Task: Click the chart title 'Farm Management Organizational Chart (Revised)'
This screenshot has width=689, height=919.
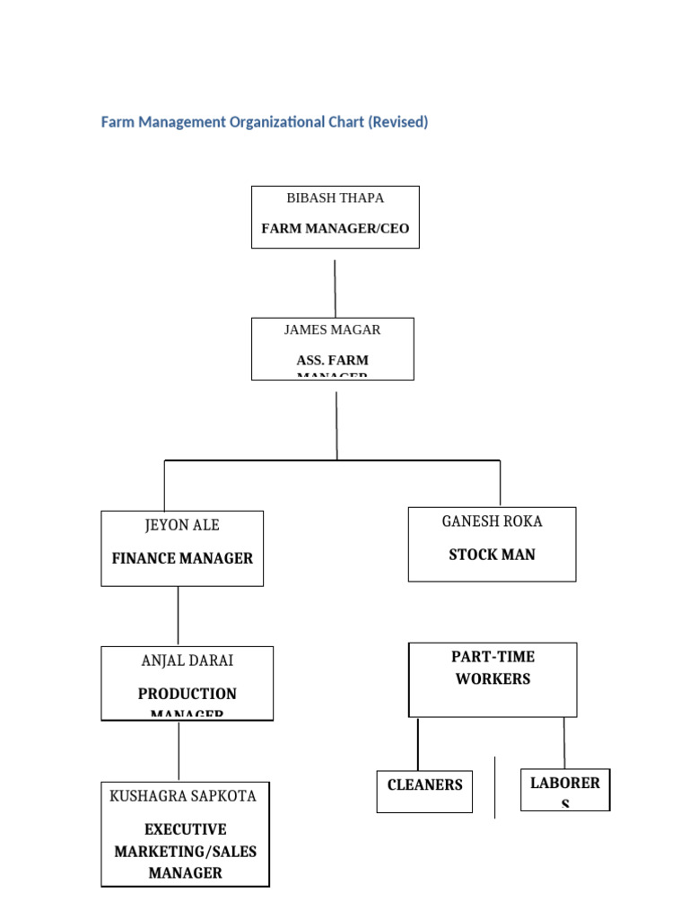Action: pos(264,122)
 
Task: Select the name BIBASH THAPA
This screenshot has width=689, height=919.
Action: pos(335,197)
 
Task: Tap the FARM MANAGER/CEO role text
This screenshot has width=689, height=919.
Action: pos(335,229)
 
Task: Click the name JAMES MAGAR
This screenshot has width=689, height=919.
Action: pos(332,329)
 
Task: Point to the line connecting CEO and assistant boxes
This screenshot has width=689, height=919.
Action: pos(336,288)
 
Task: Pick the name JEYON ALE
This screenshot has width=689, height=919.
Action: pos(182,525)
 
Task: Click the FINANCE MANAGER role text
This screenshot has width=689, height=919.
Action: pos(182,558)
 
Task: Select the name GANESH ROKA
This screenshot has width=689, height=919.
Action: pos(492,521)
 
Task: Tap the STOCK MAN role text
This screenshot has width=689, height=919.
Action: pos(492,555)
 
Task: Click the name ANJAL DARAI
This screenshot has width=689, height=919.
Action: pos(187,661)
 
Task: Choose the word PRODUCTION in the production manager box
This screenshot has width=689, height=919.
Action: pos(187,694)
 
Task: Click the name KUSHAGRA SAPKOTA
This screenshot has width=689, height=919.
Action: pos(183,796)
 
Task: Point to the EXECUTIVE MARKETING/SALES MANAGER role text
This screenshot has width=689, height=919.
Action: pos(185,851)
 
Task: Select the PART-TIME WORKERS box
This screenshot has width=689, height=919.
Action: pos(493,678)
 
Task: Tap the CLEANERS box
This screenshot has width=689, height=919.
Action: pos(424,791)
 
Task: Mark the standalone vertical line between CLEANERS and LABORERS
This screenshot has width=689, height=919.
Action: pos(495,787)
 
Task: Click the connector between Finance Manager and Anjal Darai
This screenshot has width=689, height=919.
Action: pos(178,616)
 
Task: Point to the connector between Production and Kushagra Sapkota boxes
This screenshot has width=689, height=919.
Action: pos(179,750)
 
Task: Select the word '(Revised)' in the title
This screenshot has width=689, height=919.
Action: pos(397,122)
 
